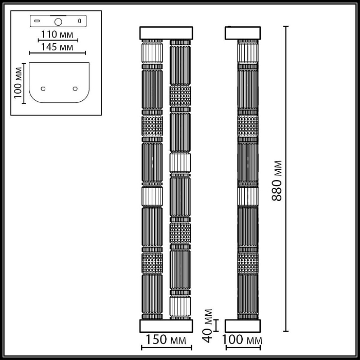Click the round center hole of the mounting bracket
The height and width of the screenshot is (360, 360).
coord(58,22)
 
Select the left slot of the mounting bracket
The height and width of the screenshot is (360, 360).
coord(37,21)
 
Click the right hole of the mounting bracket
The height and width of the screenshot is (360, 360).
coord(80,21)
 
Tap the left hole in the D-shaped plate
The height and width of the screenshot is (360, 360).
coord(43,87)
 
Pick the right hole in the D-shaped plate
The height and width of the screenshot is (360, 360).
coord(75,87)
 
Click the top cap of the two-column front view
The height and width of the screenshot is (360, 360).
coord(167,32)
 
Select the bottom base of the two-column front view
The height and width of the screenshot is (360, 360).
coord(167,326)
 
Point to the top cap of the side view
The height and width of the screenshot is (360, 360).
coord(243,32)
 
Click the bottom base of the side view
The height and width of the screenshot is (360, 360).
coord(243,326)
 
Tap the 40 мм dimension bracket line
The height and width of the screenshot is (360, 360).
coord(217,325)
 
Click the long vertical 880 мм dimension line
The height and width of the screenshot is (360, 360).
coord(286,180)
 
